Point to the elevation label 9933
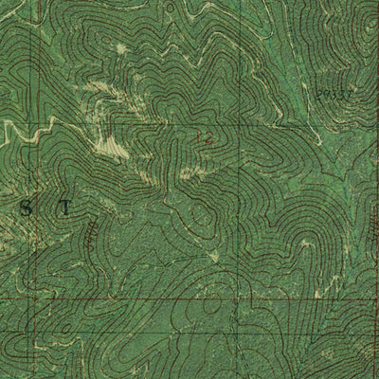click(x=334, y=96)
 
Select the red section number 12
click(x=204, y=138)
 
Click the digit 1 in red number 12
click(x=200, y=138)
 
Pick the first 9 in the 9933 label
click(x=321, y=96)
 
